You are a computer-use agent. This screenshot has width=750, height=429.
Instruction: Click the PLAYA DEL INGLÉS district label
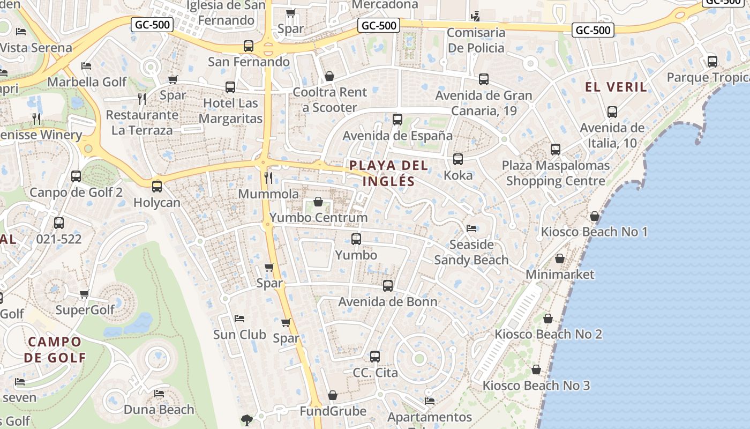(x=389, y=173)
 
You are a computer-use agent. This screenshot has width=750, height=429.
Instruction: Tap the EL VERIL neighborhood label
(x=616, y=87)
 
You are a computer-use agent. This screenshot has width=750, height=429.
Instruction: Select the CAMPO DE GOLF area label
(x=55, y=349)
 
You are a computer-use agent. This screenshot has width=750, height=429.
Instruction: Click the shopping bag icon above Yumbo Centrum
(x=318, y=202)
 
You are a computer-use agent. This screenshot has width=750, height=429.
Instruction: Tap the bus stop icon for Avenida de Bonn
(x=388, y=286)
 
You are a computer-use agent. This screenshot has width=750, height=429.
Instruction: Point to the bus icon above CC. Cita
(x=375, y=357)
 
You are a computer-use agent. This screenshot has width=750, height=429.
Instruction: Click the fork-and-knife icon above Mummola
(x=268, y=177)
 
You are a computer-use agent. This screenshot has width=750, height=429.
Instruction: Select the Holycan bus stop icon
(x=157, y=187)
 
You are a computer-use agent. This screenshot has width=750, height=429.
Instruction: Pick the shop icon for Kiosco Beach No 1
(x=594, y=216)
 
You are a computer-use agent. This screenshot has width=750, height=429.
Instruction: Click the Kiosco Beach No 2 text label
(x=548, y=334)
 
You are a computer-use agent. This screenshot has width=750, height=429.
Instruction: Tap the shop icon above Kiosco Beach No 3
(x=536, y=369)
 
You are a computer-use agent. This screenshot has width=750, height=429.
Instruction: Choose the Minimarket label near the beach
(x=560, y=275)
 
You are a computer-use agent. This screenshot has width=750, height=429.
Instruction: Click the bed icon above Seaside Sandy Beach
(x=471, y=228)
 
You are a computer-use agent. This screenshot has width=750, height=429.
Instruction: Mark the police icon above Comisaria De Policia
(x=475, y=16)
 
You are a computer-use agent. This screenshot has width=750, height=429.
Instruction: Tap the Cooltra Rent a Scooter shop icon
(x=329, y=76)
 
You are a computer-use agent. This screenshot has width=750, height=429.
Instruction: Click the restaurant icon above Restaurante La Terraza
(x=142, y=99)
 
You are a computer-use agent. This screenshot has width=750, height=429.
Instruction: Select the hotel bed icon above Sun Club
(x=239, y=319)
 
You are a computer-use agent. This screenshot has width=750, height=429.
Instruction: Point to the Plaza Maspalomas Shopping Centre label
(x=556, y=173)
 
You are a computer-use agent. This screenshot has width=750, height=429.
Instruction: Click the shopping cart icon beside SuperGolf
(x=84, y=294)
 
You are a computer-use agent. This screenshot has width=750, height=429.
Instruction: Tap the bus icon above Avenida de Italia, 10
(x=612, y=112)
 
